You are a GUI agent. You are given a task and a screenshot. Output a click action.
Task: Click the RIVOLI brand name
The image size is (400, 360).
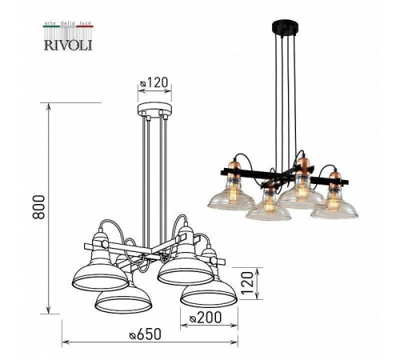(68, 45)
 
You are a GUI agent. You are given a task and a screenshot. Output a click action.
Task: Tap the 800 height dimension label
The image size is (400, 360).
(39, 207)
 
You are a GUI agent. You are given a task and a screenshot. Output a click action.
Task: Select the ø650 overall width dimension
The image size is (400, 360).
(146, 334)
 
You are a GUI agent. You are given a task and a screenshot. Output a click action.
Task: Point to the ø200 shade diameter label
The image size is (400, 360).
(206, 318)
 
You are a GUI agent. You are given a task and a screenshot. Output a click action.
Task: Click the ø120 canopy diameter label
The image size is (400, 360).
(154, 83)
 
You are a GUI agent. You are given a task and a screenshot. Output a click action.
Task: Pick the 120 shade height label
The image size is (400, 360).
(248, 282)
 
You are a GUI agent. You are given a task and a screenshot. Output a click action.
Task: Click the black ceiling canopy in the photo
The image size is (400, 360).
(285, 27)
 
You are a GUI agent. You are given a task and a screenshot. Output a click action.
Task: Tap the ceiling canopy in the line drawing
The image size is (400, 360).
(154, 110)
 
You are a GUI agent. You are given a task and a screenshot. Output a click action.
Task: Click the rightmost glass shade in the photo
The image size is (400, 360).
(334, 206)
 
